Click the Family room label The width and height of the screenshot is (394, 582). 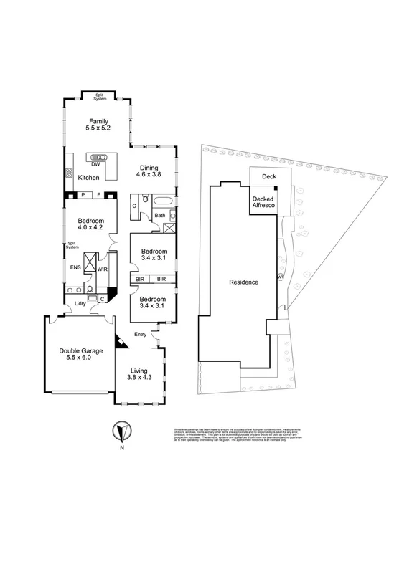click(98, 125)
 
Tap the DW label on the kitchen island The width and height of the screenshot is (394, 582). click(95, 164)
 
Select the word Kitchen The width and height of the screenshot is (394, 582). click(88, 177)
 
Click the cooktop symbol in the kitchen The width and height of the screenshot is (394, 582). click(70, 173)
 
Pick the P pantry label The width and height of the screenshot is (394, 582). click(83, 194)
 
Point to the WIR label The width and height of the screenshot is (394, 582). click(102, 269)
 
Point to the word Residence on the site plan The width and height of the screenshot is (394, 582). click(243, 282)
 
